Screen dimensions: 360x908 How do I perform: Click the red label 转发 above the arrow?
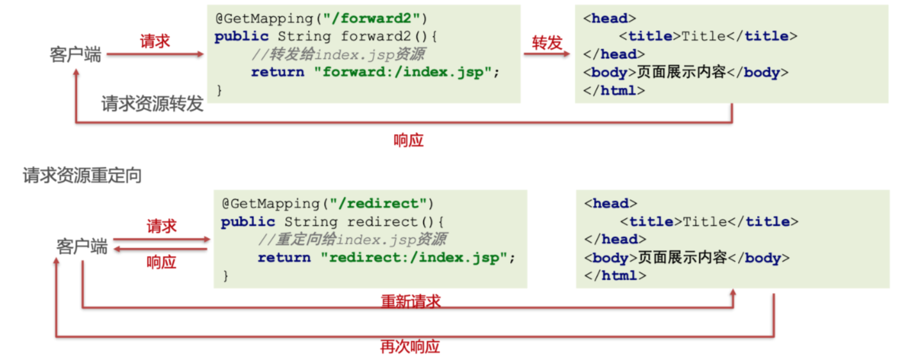tap(547, 42)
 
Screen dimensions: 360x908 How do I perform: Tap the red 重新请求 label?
tap(411, 301)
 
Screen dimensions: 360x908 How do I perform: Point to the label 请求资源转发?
tap(152, 104)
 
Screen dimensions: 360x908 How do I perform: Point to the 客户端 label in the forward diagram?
tap(76, 55)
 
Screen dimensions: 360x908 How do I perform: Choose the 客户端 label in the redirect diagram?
tap(81, 246)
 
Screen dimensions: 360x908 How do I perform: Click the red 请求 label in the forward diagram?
tap(155, 41)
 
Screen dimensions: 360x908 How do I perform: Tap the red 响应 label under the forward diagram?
tap(409, 141)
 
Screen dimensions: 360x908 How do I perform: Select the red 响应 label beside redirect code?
tap(161, 262)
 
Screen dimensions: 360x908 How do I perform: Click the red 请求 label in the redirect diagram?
tap(161, 226)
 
